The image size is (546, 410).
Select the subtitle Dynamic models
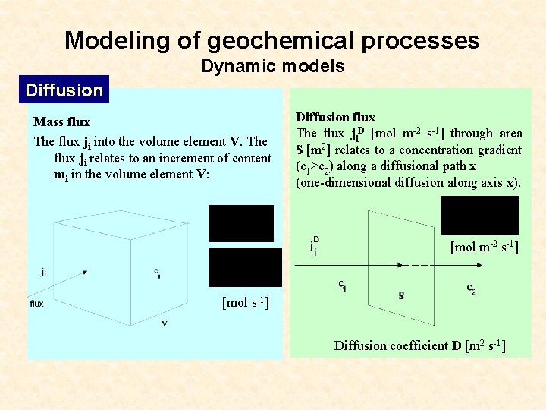pyautogui.click(x=273, y=67)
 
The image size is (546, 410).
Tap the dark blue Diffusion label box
pyautogui.click(x=64, y=90)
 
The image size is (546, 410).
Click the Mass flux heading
pyautogui.click(x=61, y=121)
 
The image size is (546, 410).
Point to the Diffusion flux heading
pyautogui.click(x=335, y=117)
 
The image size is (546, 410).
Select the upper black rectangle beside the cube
pyautogui.click(x=240, y=223)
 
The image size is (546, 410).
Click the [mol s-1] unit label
pyautogui.click(x=245, y=303)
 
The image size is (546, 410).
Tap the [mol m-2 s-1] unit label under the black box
pyautogui.click(x=485, y=247)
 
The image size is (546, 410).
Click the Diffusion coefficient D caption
pyautogui.click(x=420, y=346)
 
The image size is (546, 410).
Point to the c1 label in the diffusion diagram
pyautogui.click(x=342, y=285)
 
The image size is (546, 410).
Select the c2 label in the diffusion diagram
pyautogui.click(x=471, y=289)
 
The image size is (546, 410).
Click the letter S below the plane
pyautogui.click(x=401, y=295)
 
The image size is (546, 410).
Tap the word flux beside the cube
pyautogui.click(x=37, y=304)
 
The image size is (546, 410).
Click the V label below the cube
pyautogui.click(x=165, y=323)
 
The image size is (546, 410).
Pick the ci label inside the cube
pyautogui.click(x=157, y=273)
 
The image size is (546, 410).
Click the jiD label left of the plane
pyautogui.click(x=314, y=245)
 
